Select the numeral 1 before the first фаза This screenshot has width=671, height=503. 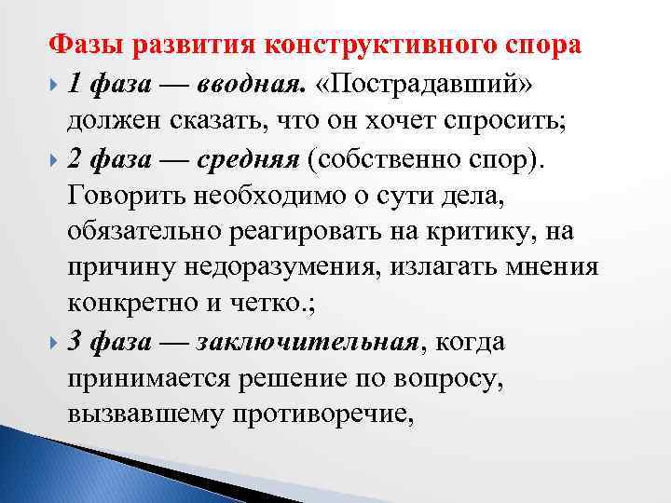[x=74, y=87]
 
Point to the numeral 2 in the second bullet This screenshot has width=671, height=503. [x=75, y=159]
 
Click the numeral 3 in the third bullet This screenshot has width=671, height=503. [x=75, y=343]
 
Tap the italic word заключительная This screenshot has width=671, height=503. [x=308, y=343]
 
